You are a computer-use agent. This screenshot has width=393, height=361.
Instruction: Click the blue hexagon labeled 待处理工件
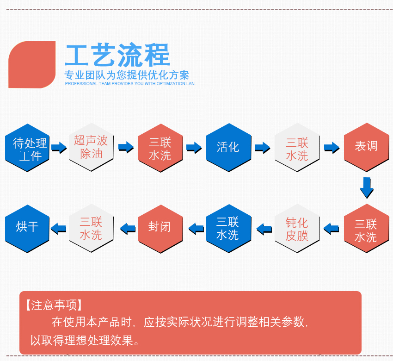click(27, 148)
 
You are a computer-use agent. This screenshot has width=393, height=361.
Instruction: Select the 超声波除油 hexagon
click(91, 147)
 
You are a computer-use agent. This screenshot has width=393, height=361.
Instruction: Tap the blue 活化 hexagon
click(228, 147)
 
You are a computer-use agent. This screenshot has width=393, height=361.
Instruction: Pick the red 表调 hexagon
click(366, 147)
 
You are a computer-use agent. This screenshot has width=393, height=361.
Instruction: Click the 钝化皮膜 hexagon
click(297, 229)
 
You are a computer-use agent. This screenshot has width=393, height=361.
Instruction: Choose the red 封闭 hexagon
click(160, 228)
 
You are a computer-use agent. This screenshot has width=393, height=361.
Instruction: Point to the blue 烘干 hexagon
click(27, 228)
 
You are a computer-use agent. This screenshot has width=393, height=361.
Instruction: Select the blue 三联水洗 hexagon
click(228, 228)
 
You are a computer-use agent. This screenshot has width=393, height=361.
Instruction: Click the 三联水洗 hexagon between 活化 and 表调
click(297, 148)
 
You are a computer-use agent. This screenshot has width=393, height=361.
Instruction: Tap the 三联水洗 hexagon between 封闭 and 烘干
click(91, 228)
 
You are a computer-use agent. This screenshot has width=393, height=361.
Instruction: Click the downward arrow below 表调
click(366, 187)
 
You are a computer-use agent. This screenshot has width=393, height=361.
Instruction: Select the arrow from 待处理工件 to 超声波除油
click(59, 148)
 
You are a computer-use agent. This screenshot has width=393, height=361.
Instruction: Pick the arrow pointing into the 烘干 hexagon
click(58, 228)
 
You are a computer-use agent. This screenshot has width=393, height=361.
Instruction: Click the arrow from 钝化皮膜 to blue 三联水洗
click(264, 228)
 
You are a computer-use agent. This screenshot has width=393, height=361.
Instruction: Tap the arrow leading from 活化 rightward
click(262, 148)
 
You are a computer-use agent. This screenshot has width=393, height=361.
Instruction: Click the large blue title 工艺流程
click(117, 55)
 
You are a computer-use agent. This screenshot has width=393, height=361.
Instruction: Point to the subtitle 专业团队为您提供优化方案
click(127, 75)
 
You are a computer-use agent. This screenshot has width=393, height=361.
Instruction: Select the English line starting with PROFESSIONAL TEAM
click(129, 84)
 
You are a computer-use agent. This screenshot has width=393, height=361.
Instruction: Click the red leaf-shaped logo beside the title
click(31, 64)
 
